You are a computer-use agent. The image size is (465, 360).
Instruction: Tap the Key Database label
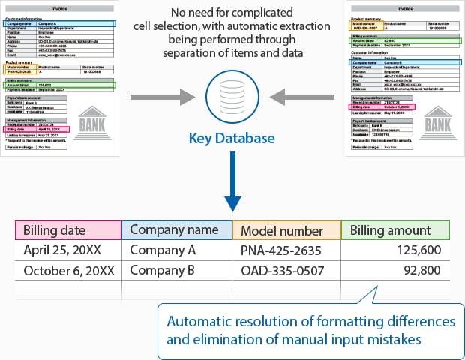coord(232,138)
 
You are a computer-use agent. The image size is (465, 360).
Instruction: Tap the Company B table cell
coord(163,270)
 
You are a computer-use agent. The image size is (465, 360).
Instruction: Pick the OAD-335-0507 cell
coord(282,270)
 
